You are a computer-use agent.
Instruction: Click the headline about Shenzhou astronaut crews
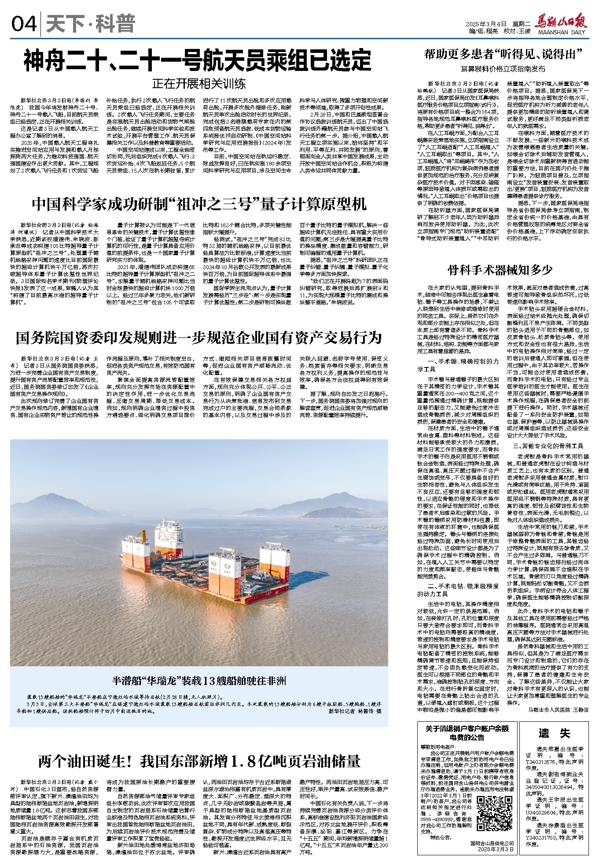tap(198, 60)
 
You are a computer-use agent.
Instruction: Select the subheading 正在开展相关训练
tap(199, 84)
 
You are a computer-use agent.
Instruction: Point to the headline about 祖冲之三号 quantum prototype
tap(199, 204)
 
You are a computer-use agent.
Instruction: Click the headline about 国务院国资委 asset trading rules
tap(199, 338)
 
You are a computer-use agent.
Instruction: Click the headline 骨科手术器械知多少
tap(500, 270)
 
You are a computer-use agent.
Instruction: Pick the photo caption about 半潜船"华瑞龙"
tap(198, 681)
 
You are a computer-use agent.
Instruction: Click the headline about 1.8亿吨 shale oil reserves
tap(199, 761)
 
